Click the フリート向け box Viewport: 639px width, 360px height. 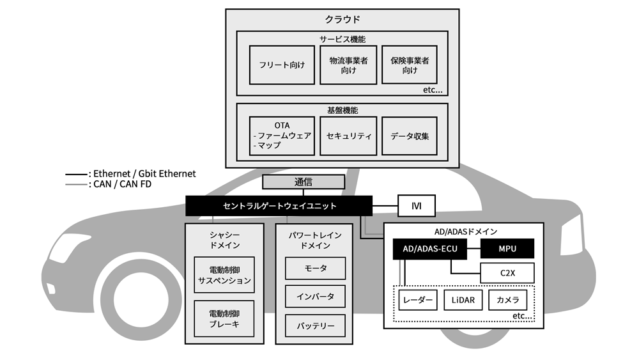pos(282,65)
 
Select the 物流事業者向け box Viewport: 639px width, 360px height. pos(348,65)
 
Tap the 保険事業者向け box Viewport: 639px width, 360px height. pos(410,65)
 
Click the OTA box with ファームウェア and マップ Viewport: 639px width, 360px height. pos(282,136)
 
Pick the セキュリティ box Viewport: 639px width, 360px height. pos(348,136)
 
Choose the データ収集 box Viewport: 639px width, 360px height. pos(410,136)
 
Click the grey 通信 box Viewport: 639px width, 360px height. pos(304,182)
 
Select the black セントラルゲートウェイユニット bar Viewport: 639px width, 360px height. pos(279,206)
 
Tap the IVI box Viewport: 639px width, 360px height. pos(416,206)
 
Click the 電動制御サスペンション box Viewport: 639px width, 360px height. pos(224,276)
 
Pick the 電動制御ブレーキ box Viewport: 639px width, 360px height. pos(224,319)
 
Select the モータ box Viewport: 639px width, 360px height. pos(315,269)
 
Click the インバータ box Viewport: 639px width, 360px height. pos(315,297)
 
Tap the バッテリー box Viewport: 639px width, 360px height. pos(315,325)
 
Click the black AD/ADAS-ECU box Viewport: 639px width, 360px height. pos(429,248)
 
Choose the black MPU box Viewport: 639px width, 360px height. pos(507,248)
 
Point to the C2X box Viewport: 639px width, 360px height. pos(507,274)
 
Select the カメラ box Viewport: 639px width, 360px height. pos(508,300)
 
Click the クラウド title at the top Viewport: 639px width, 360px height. pos(342,19)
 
